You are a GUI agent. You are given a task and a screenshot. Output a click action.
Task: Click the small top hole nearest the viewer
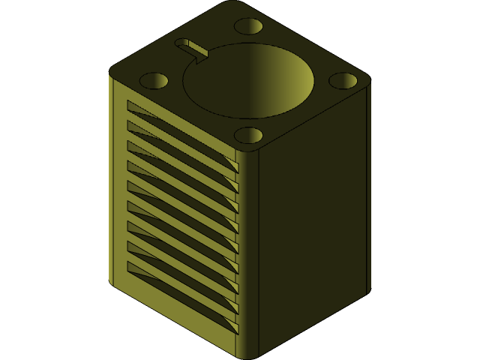[x=248, y=135]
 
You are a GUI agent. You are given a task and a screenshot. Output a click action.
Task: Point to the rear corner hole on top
[x=248, y=26]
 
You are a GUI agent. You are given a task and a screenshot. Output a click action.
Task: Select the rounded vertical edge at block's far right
[x=367, y=187]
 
